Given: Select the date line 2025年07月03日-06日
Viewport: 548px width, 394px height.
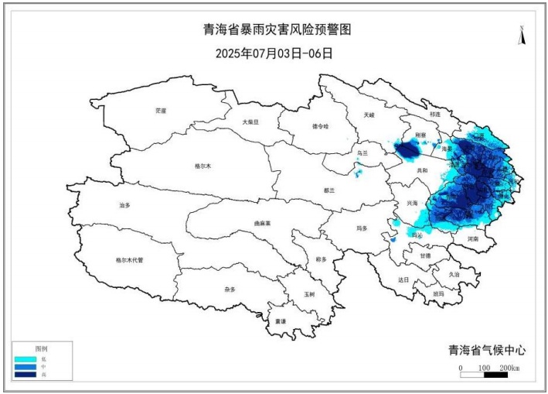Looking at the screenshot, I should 274,53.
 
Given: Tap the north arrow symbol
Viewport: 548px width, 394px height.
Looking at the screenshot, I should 522,36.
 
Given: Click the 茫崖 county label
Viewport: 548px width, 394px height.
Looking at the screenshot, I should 161,111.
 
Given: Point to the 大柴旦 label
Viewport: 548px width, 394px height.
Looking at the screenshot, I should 251,122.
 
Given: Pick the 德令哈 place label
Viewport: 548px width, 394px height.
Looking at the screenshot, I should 320,125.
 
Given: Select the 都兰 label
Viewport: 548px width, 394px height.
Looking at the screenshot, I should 330,190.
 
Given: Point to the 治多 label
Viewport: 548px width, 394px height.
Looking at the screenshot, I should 125,205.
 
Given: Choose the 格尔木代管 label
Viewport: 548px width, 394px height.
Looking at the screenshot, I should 129,260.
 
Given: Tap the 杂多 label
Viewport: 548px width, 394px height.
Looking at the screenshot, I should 230,289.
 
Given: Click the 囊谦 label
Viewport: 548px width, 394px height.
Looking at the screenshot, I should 280,321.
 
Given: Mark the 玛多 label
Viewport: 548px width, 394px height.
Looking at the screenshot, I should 362,228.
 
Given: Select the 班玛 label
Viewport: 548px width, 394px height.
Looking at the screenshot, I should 439,293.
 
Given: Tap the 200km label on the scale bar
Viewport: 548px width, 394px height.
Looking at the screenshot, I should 509,367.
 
